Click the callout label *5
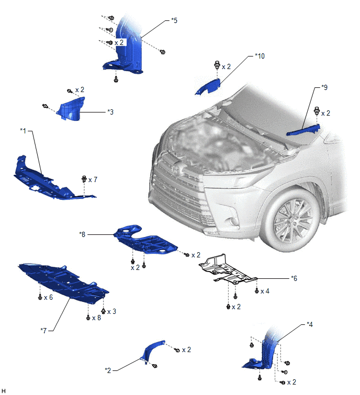[x=174, y=20]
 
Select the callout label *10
[x=260, y=56]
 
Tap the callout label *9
[x=324, y=87]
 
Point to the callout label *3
[x=110, y=112]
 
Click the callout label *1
[x=23, y=131]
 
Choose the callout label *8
[x=82, y=234]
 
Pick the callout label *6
[x=294, y=278]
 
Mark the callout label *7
[x=43, y=331]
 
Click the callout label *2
[x=108, y=370]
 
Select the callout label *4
[x=310, y=324]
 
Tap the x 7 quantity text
[x=93, y=179]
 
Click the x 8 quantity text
[x=96, y=318]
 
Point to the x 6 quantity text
[x=48, y=298]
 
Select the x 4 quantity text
[x=265, y=291]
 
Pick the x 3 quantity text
[x=111, y=312]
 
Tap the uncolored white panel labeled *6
[x=227, y=269]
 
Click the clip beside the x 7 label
[x=84, y=179]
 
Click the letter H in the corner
[x=3, y=390]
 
